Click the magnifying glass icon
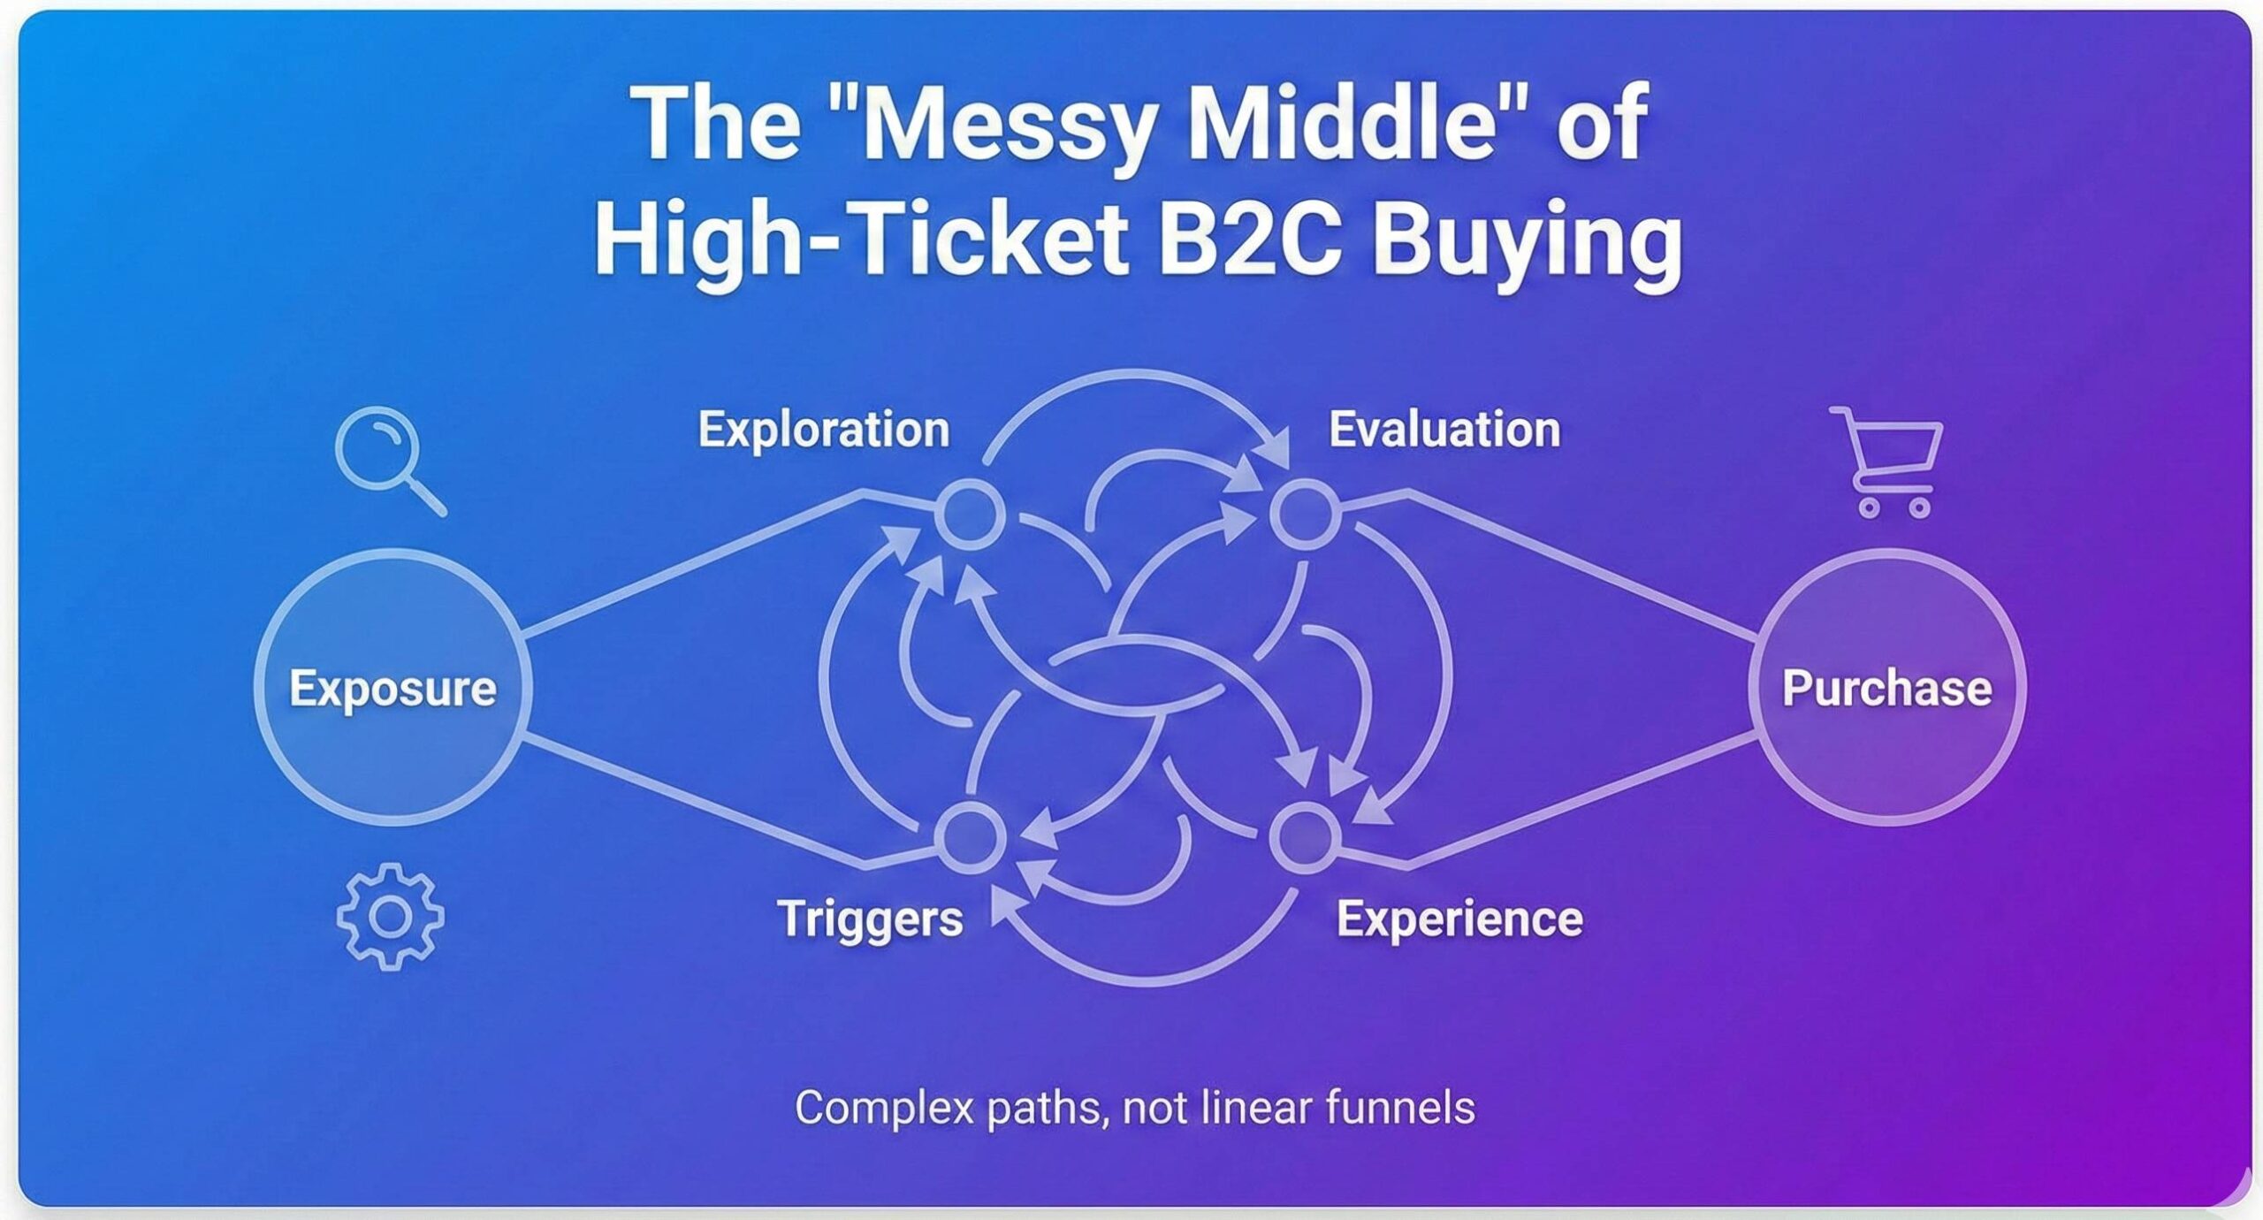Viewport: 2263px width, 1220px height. (x=385, y=456)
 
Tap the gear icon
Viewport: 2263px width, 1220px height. (x=390, y=917)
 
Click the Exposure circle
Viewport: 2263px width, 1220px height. (x=392, y=688)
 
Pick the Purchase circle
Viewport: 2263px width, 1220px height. (x=1886, y=688)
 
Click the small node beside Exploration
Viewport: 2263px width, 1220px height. (x=971, y=514)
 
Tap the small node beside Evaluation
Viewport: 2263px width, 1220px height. (x=1305, y=514)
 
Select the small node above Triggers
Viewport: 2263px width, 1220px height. (x=971, y=836)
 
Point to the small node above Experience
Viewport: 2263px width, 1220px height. (x=1305, y=836)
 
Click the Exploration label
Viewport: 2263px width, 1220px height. (x=824, y=430)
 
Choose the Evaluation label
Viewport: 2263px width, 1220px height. (x=1444, y=430)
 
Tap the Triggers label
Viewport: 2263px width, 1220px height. (x=870, y=919)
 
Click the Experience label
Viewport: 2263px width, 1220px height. (x=1459, y=919)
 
